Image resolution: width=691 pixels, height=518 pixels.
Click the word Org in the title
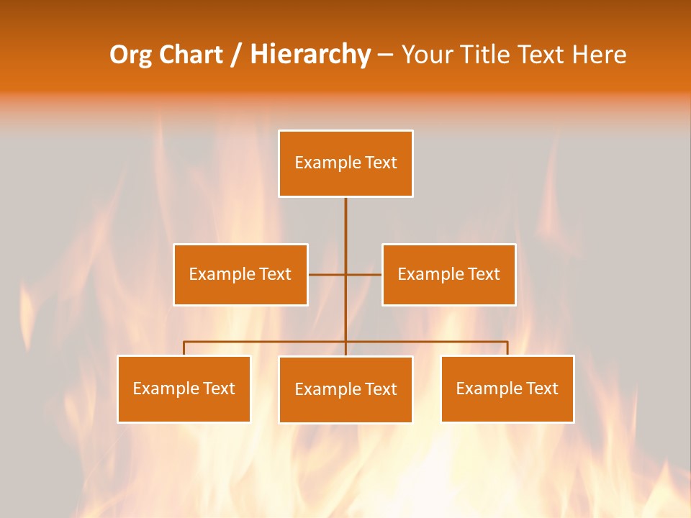point(130,55)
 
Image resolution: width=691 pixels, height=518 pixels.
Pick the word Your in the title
point(427,55)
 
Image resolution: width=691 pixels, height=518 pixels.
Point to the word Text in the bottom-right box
point(541,388)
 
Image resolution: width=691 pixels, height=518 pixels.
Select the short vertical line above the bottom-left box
point(184,348)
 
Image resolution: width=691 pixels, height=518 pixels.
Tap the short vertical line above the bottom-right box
point(507,348)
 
